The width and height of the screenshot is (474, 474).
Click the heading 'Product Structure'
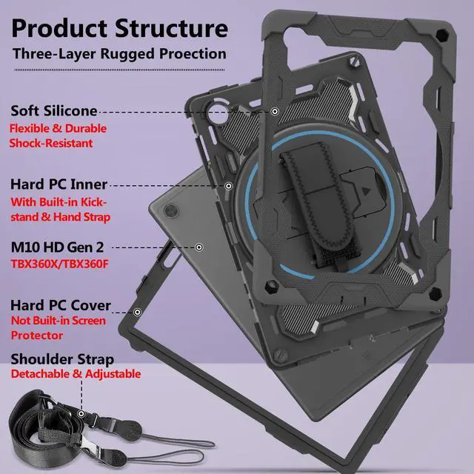pyautogui.click(x=119, y=29)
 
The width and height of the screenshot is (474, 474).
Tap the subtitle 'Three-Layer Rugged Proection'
pyautogui.click(x=118, y=53)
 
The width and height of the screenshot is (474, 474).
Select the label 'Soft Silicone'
pyautogui.click(x=54, y=111)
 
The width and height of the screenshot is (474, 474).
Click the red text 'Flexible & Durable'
pyautogui.click(x=58, y=128)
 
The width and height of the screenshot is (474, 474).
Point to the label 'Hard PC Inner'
pyautogui.click(x=59, y=184)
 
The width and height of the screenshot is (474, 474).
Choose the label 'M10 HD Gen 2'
pyautogui.click(x=56, y=247)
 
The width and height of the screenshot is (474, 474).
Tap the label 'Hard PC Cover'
pyautogui.click(x=61, y=305)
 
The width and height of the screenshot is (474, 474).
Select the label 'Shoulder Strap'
pyautogui.click(x=62, y=359)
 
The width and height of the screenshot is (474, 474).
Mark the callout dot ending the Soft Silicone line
pyautogui.click(x=275, y=112)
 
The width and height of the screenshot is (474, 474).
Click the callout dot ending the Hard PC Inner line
pyautogui.click(x=229, y=185)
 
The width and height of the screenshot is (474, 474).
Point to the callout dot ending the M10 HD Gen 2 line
pyautogui.click(x=198, y=247)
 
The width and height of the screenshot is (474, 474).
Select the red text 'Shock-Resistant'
pyautogui.click(x=51, y=143)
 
